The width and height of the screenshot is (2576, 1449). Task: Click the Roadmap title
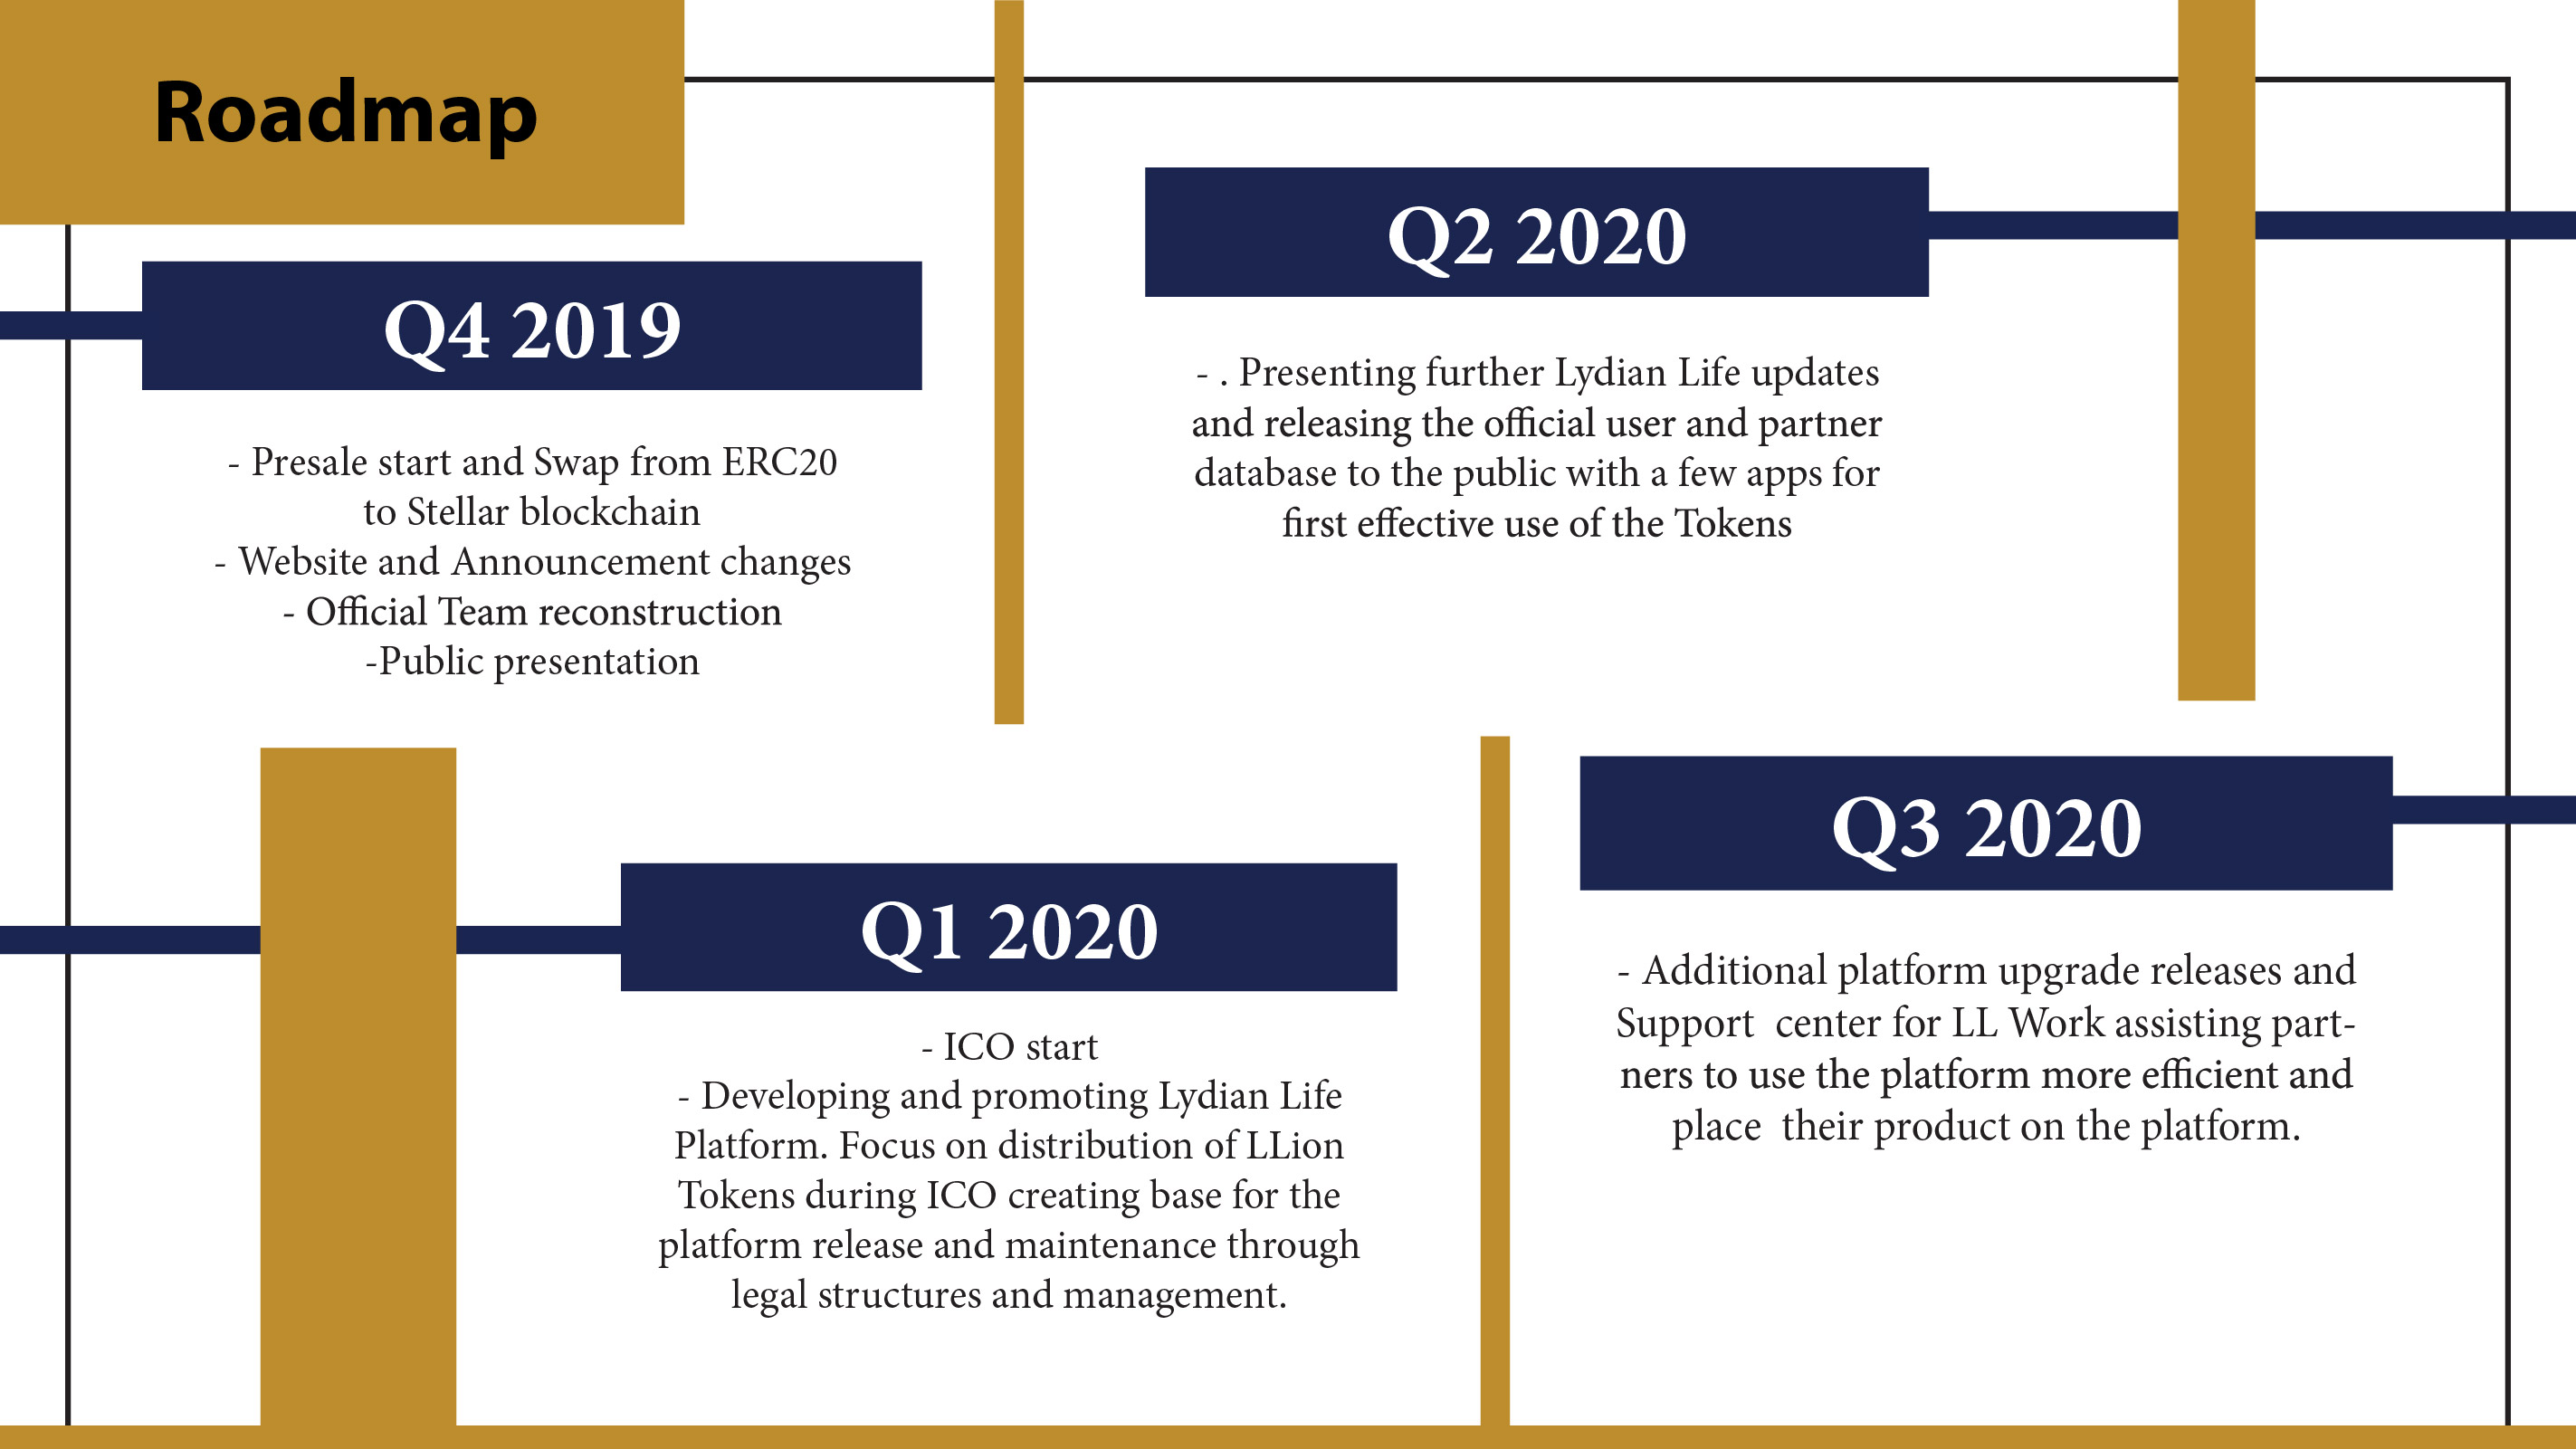pos(346,115)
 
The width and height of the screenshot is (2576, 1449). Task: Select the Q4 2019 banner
pos(532,326)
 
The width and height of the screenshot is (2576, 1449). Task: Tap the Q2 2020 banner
pos(1536,232)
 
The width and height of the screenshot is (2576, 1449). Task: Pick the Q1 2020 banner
pos(1008,927)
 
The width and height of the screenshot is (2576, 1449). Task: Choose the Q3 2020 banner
pos(1986,823)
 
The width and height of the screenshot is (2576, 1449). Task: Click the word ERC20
pos(780,462)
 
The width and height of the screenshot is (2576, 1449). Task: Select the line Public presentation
pos(532,662)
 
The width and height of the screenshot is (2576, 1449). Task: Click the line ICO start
pos(1009,1047)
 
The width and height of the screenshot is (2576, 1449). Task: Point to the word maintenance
pos(1110,1246)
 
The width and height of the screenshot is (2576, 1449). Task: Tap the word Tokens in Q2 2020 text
pos(1733,524)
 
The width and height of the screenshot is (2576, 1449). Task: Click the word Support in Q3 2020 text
pos(1685,1024)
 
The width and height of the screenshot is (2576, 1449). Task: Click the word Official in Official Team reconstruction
pos(366,612)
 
